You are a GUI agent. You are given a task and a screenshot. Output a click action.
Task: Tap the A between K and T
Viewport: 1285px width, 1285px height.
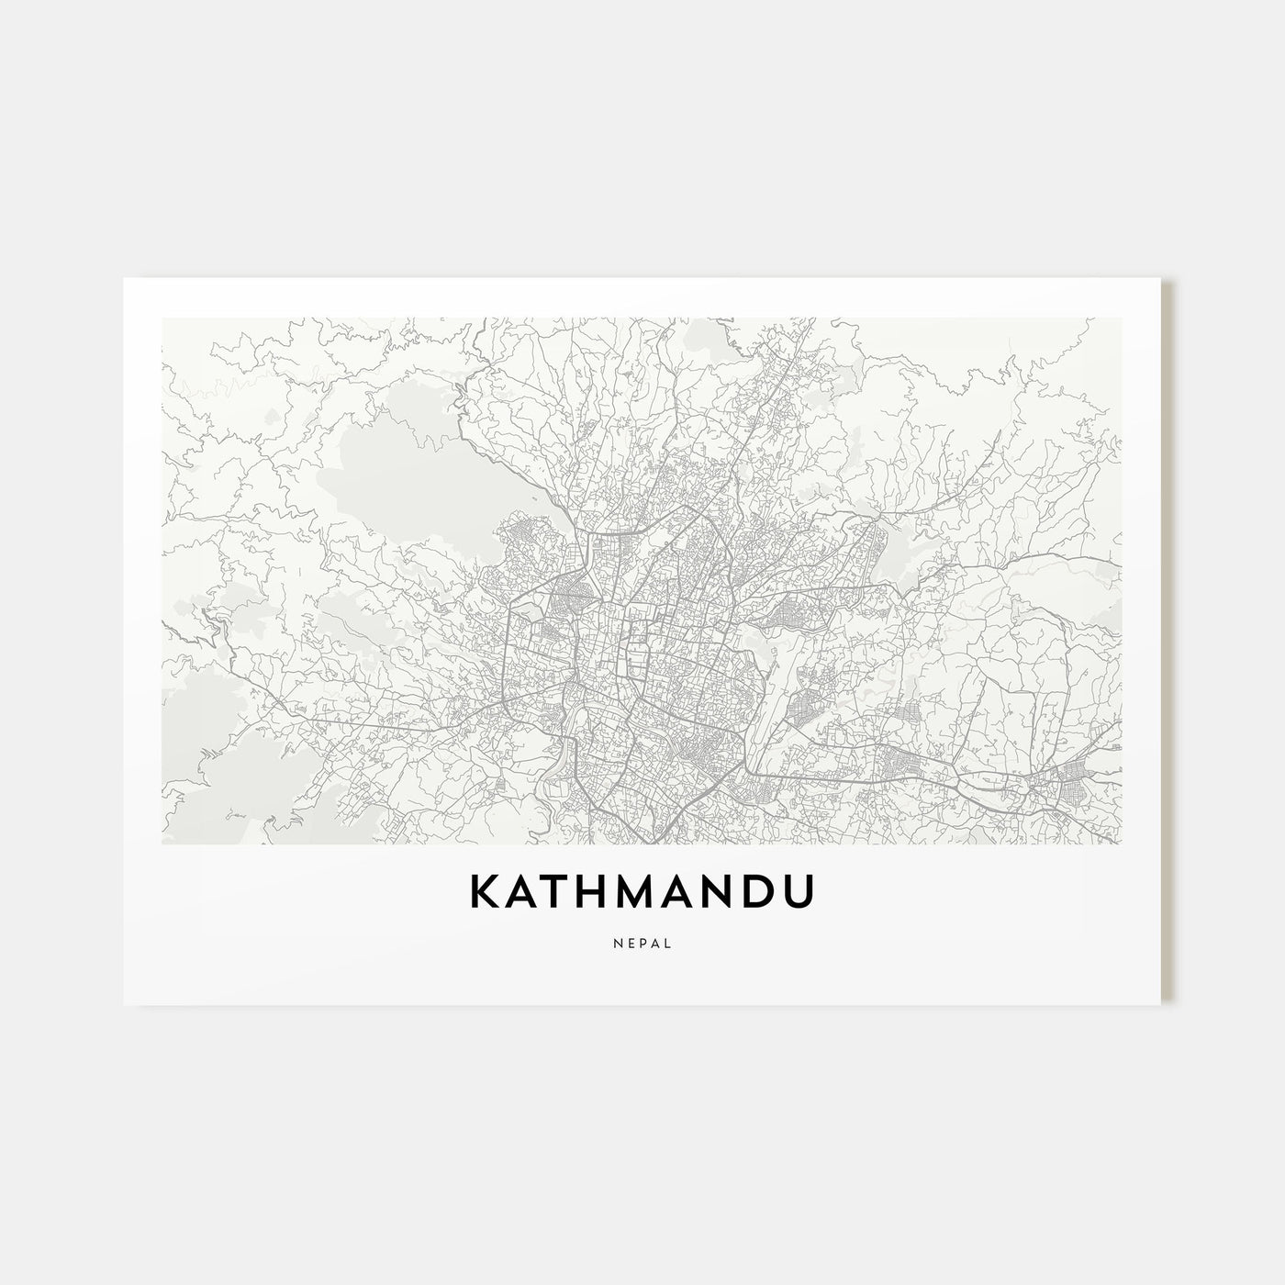click(525, 892)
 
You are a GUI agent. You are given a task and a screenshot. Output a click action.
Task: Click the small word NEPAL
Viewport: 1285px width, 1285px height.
click(642, 942)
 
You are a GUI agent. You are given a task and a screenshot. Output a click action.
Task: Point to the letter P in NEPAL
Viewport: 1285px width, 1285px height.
click(642, 942)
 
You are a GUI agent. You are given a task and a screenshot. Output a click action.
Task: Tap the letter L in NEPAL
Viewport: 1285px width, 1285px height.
click(667, 942)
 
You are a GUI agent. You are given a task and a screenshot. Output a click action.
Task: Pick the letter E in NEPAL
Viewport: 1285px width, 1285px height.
click(630, 942)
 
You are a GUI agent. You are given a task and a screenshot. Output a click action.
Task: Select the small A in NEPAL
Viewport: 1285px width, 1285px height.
click(655, 942)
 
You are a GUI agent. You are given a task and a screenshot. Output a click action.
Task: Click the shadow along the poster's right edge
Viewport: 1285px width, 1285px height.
click(1168, 642)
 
